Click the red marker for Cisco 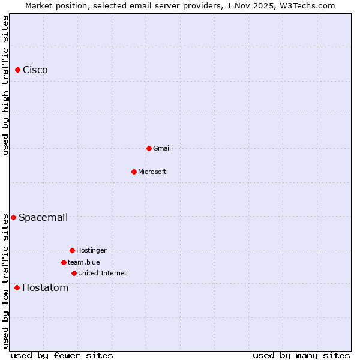coord(18,70)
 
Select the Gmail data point coord(149,148)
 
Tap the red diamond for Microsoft coord(134,172)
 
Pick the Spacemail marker coord(13,217)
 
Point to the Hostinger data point coord(72,250)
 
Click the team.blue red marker coord(64,262)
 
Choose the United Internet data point coord(74,273)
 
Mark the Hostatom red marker coord(17,288)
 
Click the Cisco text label coord(35,70)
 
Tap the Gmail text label coord(162,148)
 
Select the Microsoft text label coord(152,172)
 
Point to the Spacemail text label coord(43,217)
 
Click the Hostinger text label coord(91,250)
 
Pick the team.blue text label coord(84,262)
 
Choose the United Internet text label coord(103,273)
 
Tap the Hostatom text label coord(46,288)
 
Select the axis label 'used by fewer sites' coord(62,355)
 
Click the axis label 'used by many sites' coord(301,355)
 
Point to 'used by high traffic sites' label coord(6,85)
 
